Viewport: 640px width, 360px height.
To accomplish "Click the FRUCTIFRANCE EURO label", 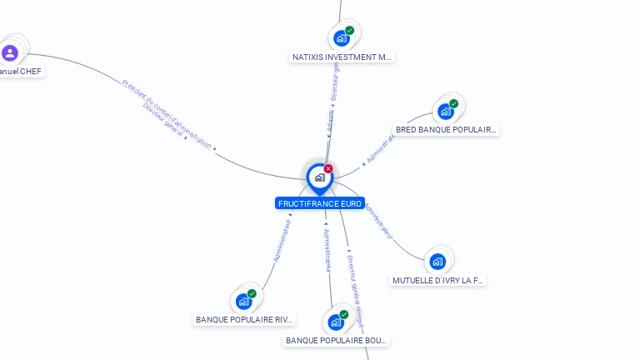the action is pos(320,203).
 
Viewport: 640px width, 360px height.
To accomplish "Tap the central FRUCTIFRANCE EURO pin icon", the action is pos(319,177).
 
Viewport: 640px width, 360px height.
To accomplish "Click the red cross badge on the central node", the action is pos(328,169).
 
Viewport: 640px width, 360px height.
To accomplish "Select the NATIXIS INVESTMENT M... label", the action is pos(342,57).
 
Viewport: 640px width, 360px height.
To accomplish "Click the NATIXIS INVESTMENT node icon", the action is pos(341,38).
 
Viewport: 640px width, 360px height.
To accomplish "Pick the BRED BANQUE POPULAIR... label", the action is pos(446,130).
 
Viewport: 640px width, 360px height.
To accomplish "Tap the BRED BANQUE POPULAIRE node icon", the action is pos(446,111).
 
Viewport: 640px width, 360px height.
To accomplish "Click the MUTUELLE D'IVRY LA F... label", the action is pos(437,281).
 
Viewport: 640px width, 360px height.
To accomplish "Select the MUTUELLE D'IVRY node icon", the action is pos(437,262).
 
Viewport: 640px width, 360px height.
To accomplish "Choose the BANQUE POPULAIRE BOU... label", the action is pos(337,340).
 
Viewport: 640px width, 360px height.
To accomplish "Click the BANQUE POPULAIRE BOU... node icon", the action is pos(336,322).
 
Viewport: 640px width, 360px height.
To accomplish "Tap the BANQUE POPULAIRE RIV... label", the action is pos(244,319).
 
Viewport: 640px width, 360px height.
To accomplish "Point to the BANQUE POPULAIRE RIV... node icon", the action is pos(243,301).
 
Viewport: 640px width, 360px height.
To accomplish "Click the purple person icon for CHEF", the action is pos(10,53).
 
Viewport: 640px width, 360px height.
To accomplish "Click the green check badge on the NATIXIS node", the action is pos(350,30).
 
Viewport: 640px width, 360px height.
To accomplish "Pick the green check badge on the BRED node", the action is pos(454,103).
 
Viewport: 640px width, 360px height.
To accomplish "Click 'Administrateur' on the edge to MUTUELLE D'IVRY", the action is pos(379,222).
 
